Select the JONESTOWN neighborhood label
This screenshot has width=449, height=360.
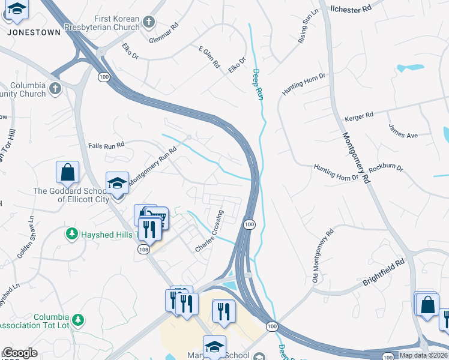click(34, 32)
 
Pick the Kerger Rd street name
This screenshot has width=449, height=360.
click(360, 114)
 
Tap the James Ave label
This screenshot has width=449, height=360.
click(403, 131)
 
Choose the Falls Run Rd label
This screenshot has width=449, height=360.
click(106, 145)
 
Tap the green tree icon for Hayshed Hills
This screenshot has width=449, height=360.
click(72, 233)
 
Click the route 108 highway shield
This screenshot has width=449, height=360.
click(145, 249)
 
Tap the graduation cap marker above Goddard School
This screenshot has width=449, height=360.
click(117, 184)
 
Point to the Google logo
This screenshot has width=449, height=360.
click(20, 353)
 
